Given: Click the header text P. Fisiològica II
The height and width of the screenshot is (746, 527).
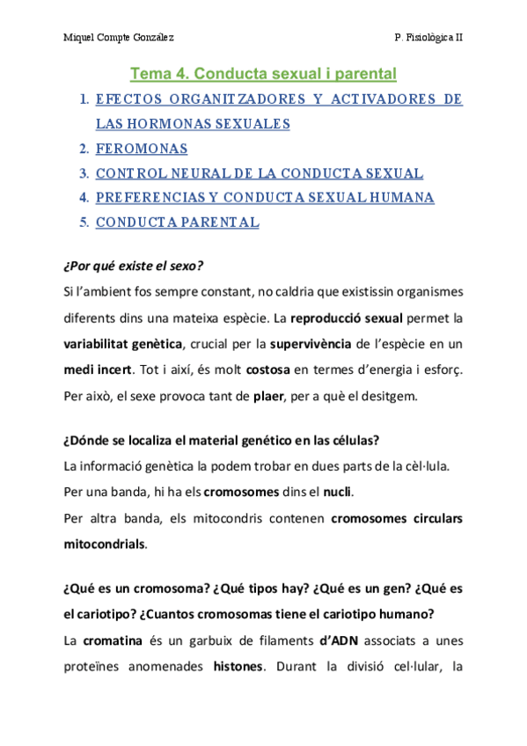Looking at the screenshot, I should [430, 38].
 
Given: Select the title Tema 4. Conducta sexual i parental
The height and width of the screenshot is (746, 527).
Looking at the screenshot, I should [263, 73].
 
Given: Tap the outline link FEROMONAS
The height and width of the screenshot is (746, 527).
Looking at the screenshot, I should [142, 149].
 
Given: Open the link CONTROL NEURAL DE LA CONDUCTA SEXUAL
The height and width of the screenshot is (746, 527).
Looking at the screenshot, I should [260, 173].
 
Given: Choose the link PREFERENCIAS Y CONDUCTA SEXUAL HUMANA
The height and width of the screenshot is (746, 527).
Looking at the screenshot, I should [265, 198].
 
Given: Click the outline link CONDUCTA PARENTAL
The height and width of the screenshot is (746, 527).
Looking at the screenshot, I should [177, 223].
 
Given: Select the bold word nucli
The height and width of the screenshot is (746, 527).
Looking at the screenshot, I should [335, 491].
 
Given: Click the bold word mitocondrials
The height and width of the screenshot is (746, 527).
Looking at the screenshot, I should [104, 544].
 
